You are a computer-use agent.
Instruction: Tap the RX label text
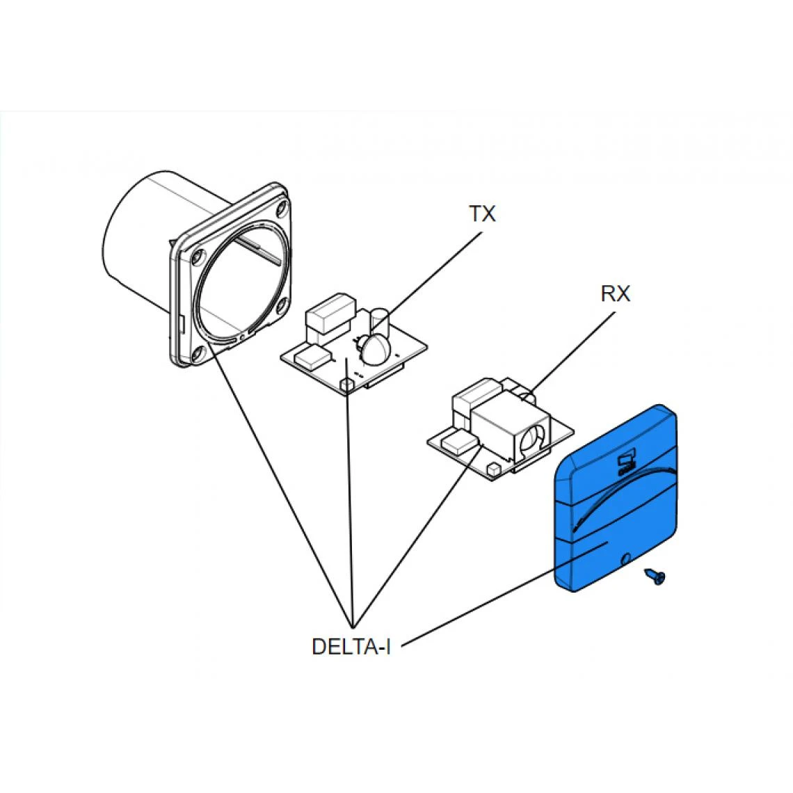click(615, 294)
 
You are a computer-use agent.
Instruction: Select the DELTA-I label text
click(351, 646)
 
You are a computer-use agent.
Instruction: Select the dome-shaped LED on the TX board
click(375, 348)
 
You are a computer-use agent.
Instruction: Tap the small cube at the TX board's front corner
click(346, 383)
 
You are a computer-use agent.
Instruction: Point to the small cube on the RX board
click(492, 470)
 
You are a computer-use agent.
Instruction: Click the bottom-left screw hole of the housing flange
click(198, 351)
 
